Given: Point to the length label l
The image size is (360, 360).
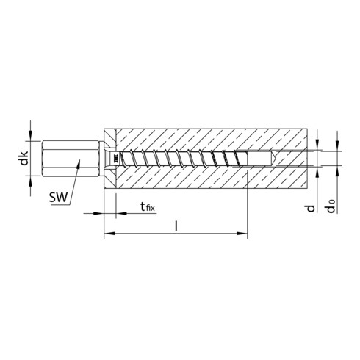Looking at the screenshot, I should [175, 223].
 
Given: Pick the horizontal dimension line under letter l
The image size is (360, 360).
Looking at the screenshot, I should [176, 234].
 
